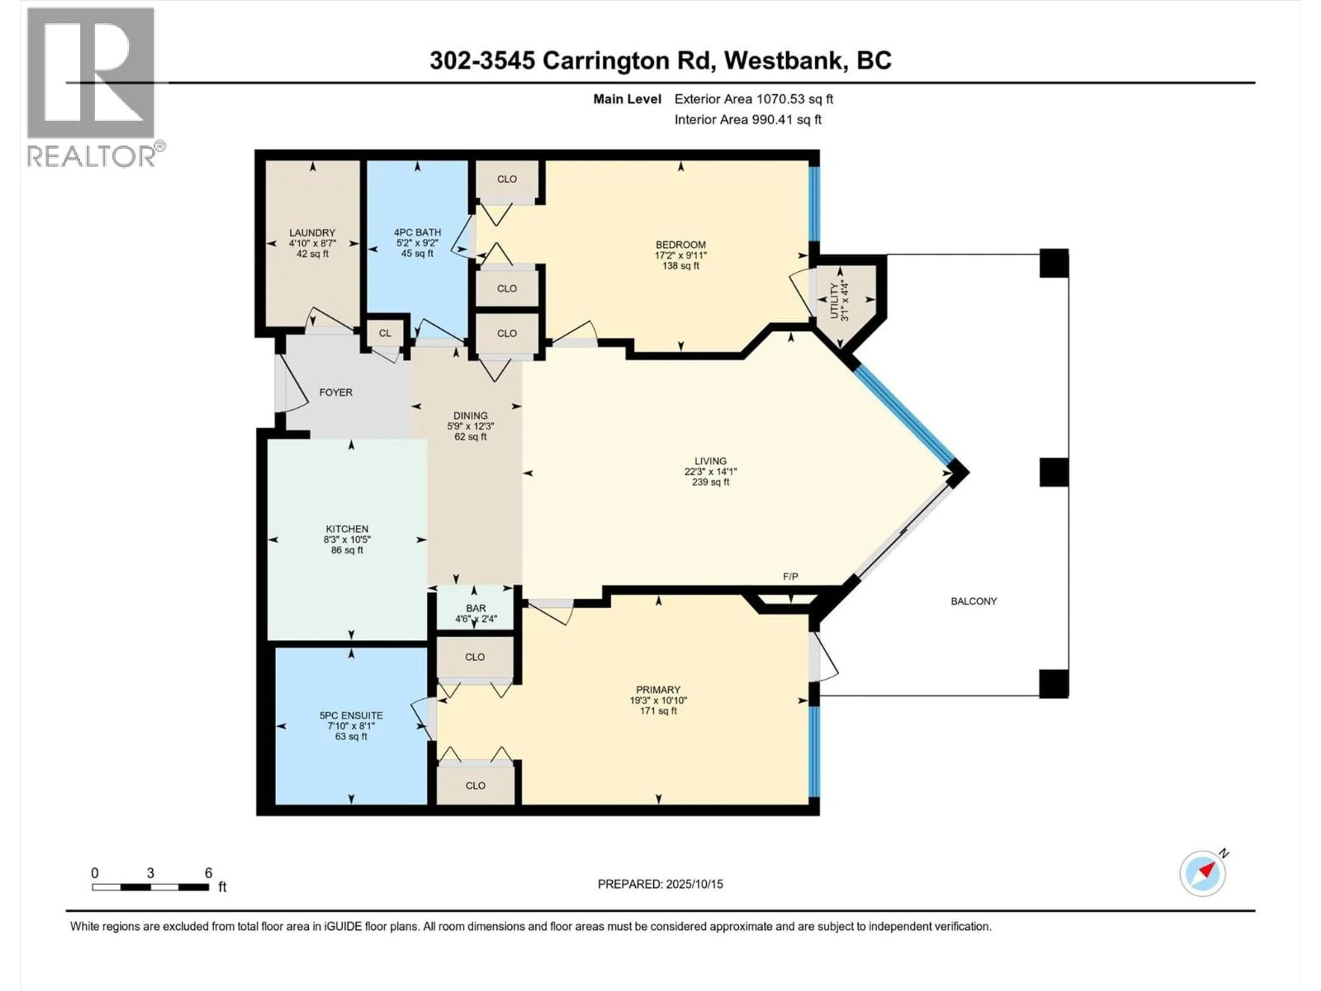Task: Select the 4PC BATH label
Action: pos(417,232)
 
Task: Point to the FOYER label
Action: pos(336,393)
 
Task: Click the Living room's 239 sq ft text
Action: pos(710,482)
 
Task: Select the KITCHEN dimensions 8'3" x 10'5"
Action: pos(347,540)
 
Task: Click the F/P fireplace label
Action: pos(790,576)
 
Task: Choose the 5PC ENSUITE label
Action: pos(351,715)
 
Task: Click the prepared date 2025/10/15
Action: pos(693,884)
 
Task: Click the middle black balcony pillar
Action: pos(1053,472)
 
